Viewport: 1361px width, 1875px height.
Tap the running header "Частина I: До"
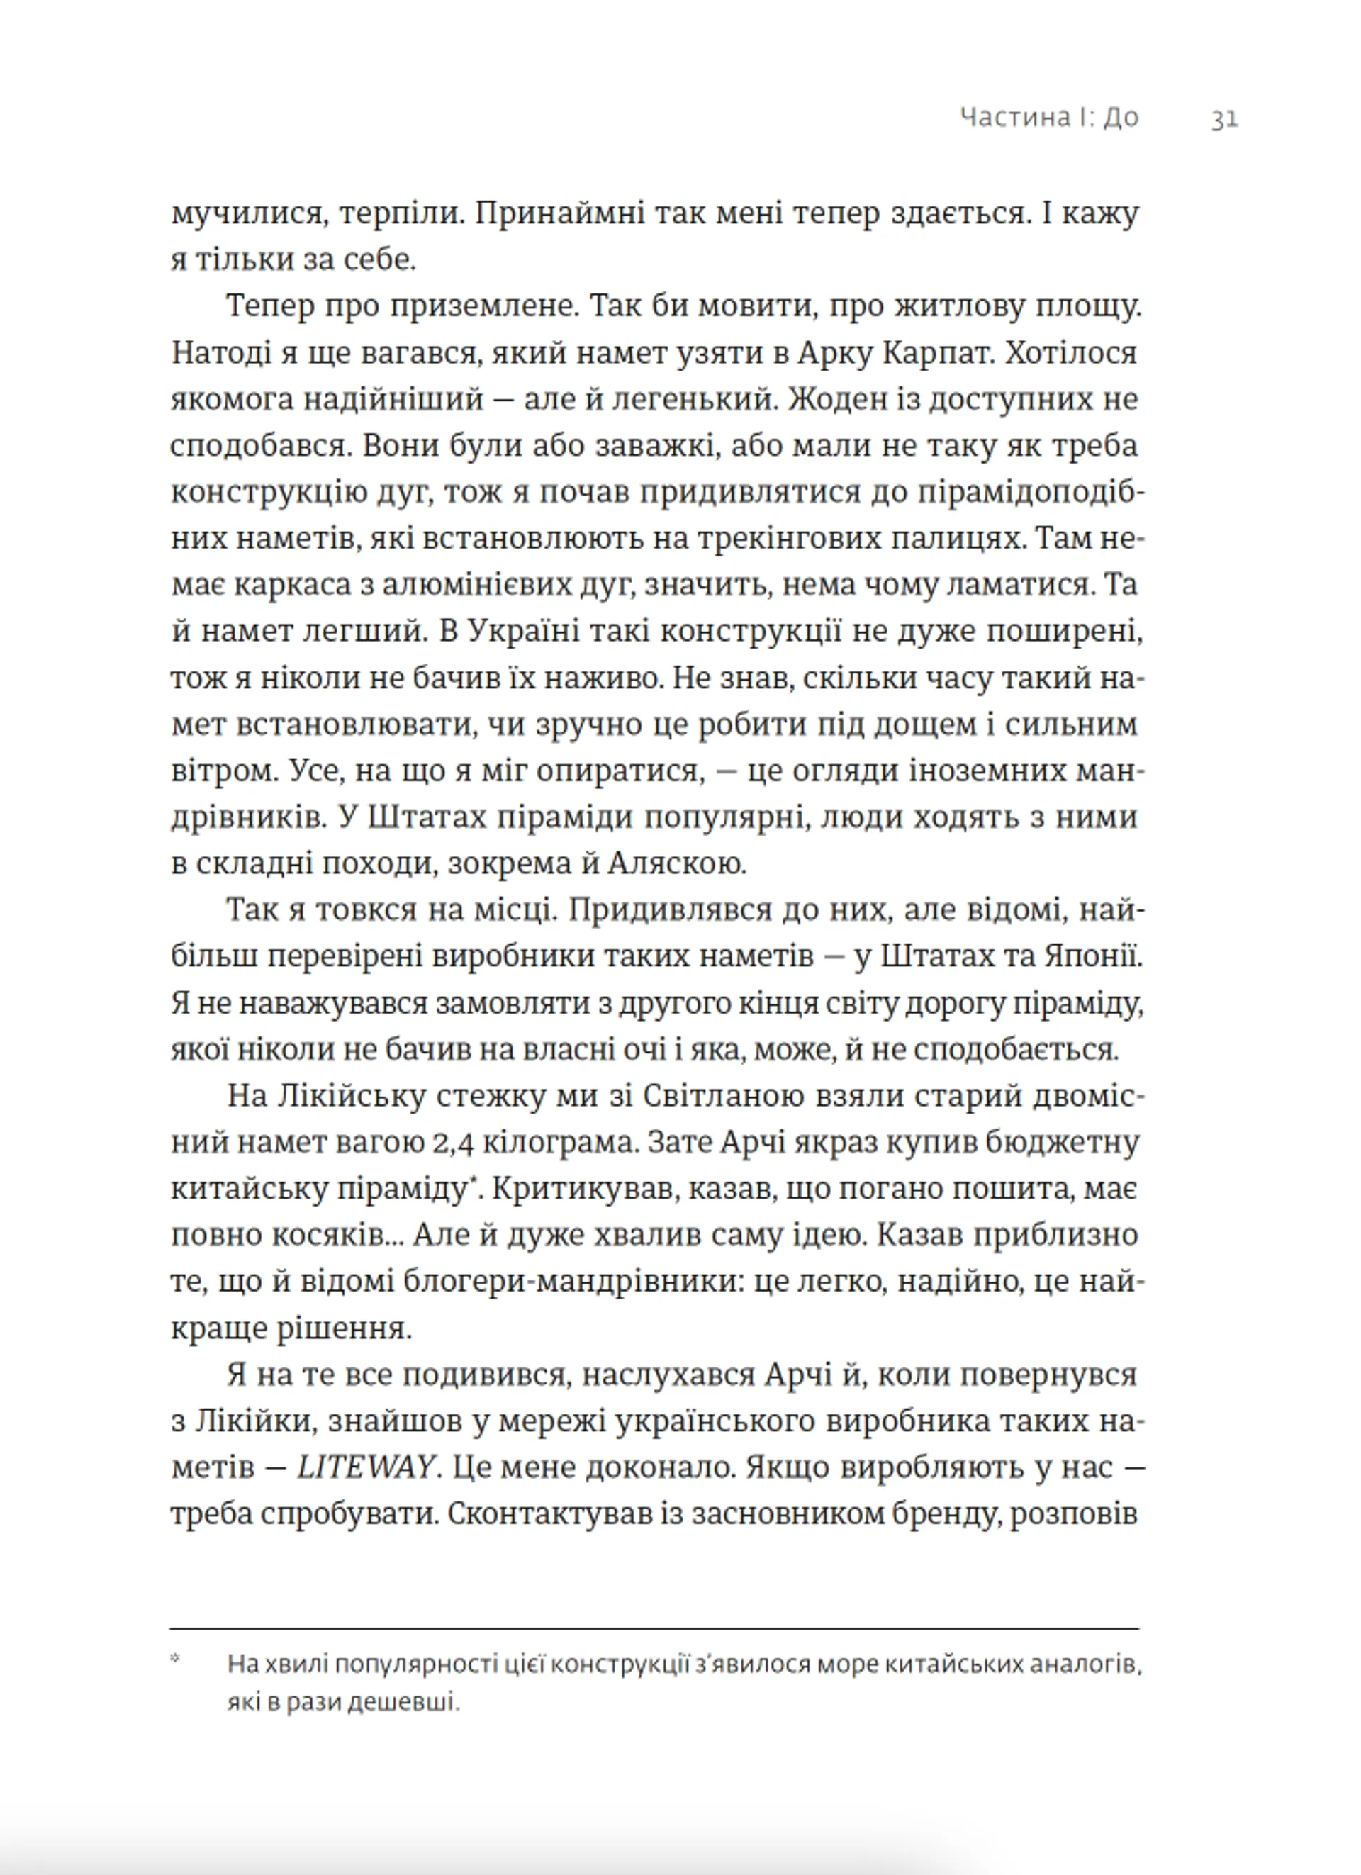(1049, 118)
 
